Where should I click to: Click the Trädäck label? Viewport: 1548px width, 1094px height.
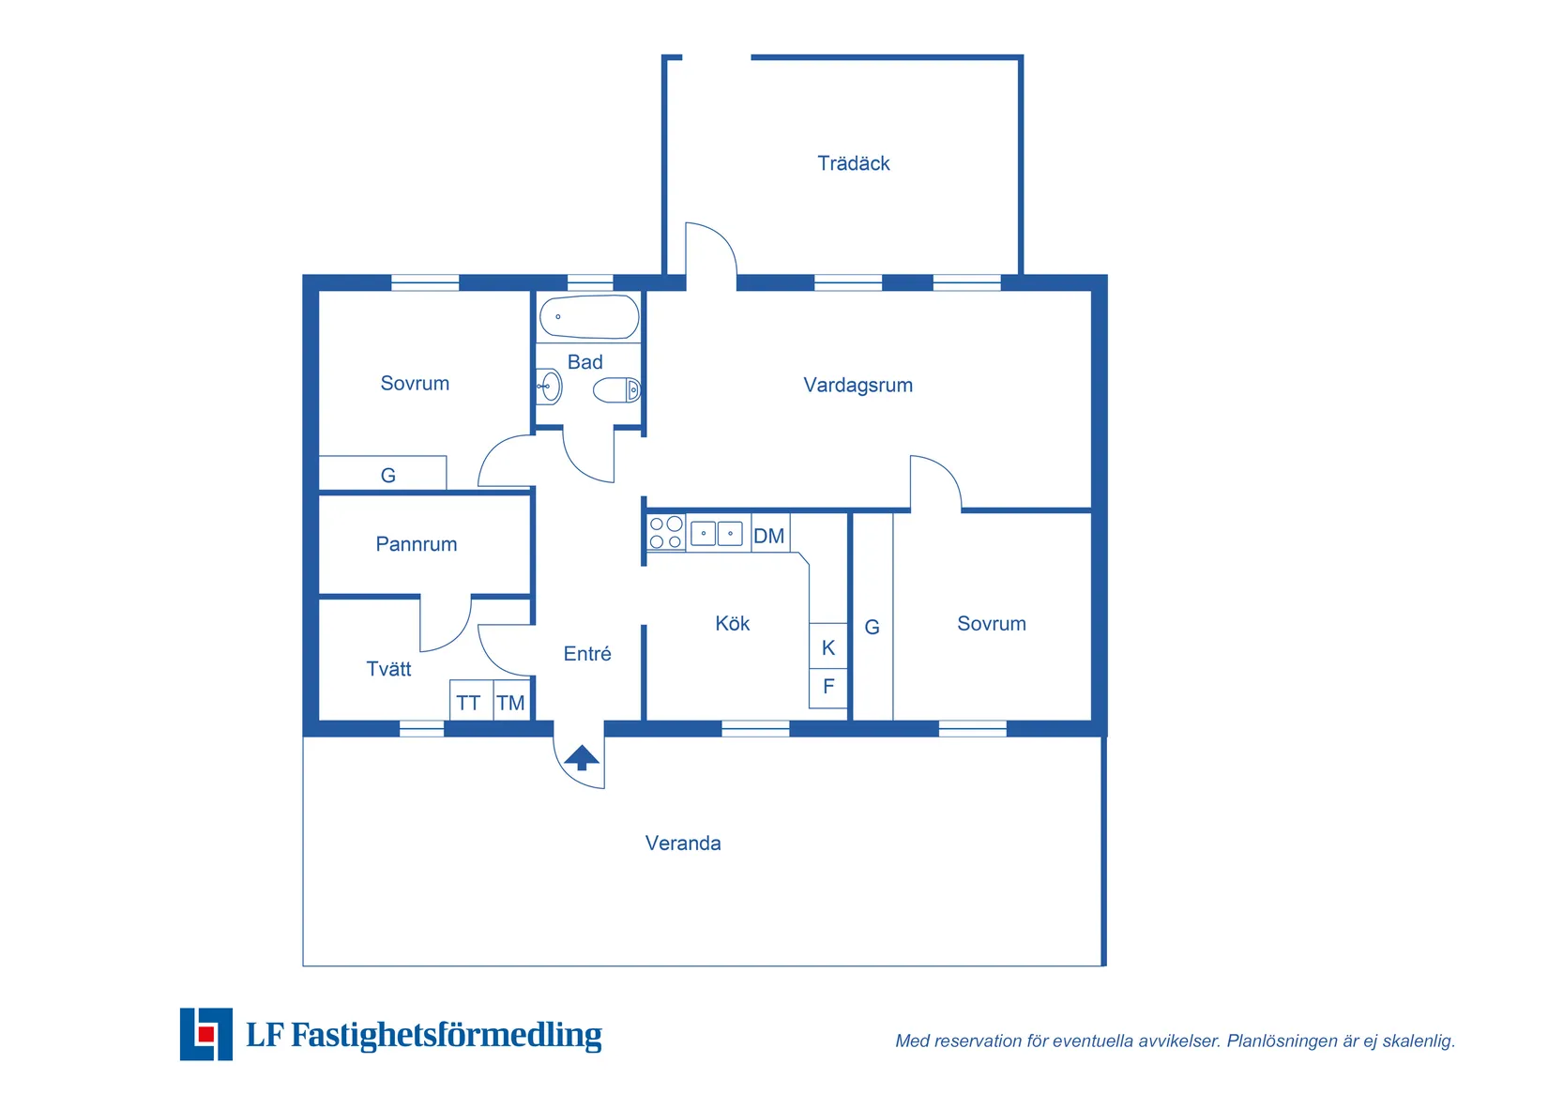853,163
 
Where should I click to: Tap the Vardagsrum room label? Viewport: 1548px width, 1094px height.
857,385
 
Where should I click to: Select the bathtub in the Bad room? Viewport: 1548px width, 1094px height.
589,317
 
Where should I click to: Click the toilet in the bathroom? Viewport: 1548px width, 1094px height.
617,390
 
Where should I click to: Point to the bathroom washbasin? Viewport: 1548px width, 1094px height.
549,387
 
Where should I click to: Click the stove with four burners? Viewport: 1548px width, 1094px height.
665,533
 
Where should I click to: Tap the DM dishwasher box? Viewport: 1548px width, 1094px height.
770,534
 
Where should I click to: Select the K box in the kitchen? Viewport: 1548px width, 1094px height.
827,646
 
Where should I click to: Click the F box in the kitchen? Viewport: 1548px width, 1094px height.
827,688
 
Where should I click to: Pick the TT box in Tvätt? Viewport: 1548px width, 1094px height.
470,700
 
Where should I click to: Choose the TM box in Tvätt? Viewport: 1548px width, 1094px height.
511,700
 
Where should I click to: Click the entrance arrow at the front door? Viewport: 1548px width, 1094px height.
581,757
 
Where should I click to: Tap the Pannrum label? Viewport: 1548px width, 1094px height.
416,544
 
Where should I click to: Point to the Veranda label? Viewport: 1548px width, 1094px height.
683,843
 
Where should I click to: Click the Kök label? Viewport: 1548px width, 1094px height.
733,623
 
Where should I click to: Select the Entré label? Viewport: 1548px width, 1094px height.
586,654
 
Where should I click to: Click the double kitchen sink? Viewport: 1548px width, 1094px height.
716,534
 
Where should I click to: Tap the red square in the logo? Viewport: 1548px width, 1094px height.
205,1034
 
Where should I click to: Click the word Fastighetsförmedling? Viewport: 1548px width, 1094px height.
447,1035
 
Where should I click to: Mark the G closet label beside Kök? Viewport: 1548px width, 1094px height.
873,628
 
